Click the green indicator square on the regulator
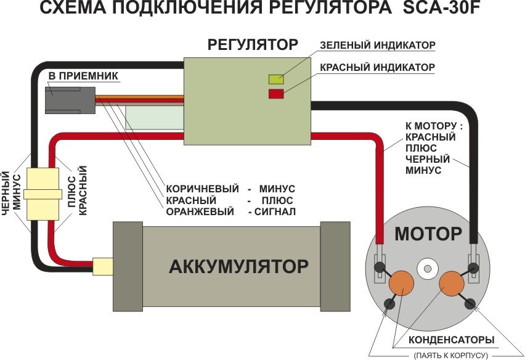point(275,78)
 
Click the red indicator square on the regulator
point(275,94)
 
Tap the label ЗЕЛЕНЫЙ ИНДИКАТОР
point(378,46)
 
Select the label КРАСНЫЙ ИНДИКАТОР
point(378,67)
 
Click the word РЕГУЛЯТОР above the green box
point(253,44)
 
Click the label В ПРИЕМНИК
point(84,76)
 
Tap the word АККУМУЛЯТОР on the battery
point(238,266)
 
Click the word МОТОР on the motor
point(428,234)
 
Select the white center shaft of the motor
point(426,268)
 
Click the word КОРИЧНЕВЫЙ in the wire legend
point(198,188)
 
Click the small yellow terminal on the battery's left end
point(102,266)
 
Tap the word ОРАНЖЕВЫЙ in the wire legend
point(200,212)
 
